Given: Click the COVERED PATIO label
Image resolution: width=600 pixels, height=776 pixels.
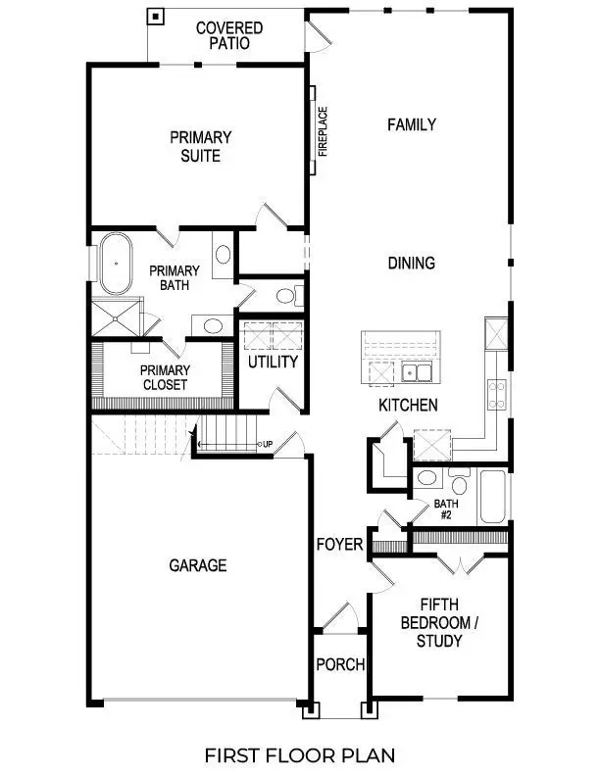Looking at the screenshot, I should (x=228, y=35).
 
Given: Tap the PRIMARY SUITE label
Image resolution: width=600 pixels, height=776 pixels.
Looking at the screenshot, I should (x=200, y=146).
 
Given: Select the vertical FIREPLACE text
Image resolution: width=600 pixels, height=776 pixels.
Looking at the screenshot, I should (x=322, y=131).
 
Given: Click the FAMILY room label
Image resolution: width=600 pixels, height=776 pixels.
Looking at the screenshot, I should (x=411, y=124).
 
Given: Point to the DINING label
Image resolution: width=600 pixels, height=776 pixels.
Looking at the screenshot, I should (x=411, y=263).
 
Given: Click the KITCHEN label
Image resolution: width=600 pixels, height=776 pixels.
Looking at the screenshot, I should (x=408, y=405).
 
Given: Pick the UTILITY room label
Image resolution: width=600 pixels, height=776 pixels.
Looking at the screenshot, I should (x=272, y=362).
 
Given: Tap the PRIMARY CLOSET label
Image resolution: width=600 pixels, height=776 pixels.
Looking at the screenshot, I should (x=164, y=377).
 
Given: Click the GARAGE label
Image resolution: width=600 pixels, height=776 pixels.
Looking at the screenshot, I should (x=197, y=565).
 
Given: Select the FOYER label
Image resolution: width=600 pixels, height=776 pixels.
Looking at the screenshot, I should (x=339, y=545).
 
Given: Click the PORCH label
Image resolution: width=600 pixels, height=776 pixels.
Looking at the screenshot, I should (x=340, y=664).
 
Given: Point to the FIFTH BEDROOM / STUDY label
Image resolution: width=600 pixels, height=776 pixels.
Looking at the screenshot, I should (x=438, y=622).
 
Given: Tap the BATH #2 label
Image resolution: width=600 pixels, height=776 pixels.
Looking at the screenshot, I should (x=446, y=510).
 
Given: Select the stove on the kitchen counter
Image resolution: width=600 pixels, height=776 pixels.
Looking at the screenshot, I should (x=497, y=393).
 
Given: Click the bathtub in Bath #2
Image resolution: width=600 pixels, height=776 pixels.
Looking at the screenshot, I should (x=492, y=498).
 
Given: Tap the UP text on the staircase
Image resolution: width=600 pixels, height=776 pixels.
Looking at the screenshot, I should (x=267, y=445).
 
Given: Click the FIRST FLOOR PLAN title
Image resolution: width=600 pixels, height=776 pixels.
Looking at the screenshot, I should (x=299, y=754).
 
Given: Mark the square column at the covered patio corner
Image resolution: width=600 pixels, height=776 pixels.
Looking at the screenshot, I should (x=155, y=17).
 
